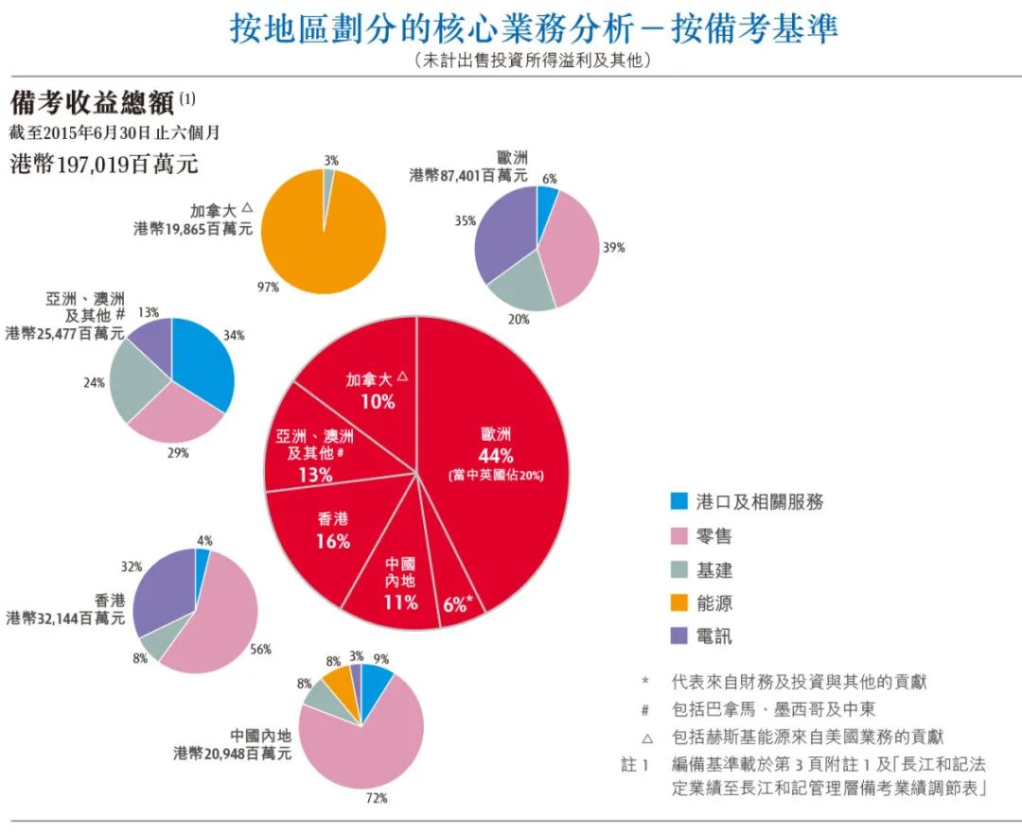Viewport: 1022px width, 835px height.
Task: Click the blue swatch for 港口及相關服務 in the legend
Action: click(x=678, y=501)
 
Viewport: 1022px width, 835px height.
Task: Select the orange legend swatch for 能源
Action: click(x=678, y=602)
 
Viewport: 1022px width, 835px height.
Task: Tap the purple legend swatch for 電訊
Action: click(x=678, y=636)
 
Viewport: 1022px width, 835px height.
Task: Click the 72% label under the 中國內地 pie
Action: click(x=377, y=798)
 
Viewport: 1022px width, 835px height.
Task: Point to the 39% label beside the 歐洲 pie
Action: click(x=614, y=248)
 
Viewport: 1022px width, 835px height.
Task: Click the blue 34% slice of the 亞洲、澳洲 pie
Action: click(x=202, y=359)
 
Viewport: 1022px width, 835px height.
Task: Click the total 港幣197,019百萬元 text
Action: click(x=104, y=163)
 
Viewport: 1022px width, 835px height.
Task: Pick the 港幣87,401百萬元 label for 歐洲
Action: click(x=468, y=175)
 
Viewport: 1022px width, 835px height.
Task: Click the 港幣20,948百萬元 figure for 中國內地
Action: click(x=233, y=754)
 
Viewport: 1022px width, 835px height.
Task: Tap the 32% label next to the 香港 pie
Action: click(x=132, y=566)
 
